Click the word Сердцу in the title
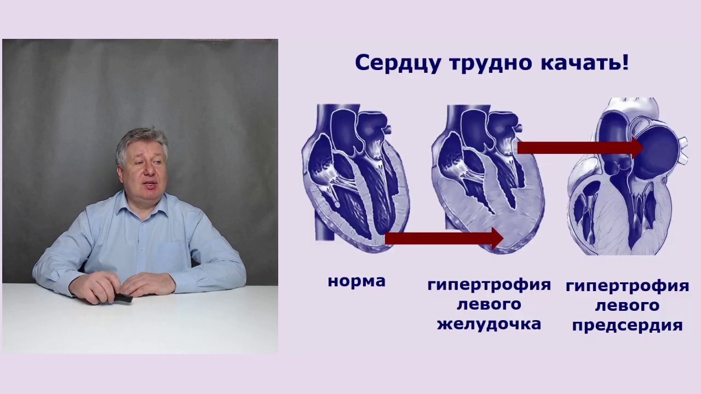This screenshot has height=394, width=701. (398, 63)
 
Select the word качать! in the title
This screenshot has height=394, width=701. (584, 63)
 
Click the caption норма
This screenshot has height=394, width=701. (357, 281)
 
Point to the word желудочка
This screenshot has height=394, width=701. (489, 323)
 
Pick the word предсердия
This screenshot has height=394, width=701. (627, 325)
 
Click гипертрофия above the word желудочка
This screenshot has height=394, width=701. (489, 285)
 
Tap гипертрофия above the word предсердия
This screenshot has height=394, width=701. (627, 286)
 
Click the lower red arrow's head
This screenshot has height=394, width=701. (496, 238)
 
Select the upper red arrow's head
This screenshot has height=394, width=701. (637, 147)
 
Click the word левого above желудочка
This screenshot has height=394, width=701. (489, 304)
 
